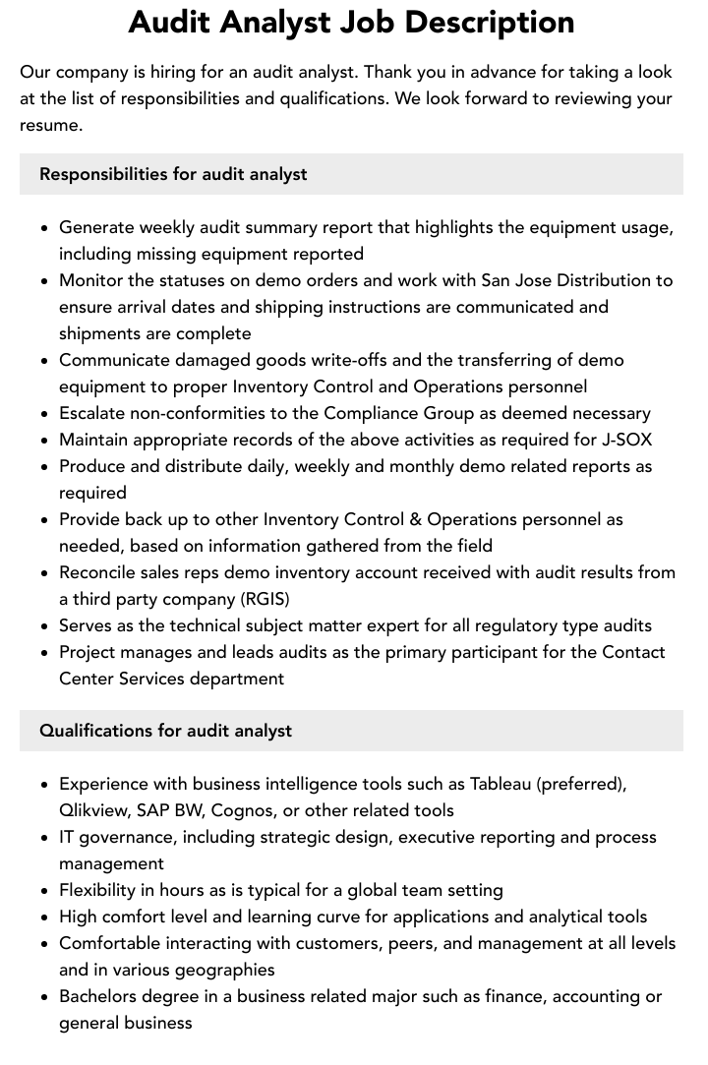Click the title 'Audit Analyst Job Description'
click(351, 23)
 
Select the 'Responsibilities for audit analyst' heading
click(173, 174)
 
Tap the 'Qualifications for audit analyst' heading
click(165, 731)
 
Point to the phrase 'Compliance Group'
click(392, 413)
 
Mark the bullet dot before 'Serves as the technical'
click(45, 626)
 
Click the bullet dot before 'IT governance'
click(45, 838)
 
